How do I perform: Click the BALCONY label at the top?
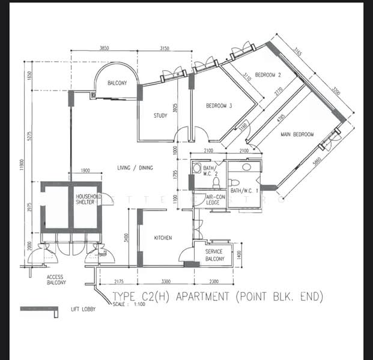pyautogui.click(x=117, y=83)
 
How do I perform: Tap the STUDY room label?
pyautogui.click(x=160, y=116)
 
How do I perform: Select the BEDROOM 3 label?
pyautogui.click(x=219, y=106)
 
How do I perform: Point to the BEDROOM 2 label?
pyautogui.click(x=268, y=75)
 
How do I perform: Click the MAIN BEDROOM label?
pyautogui.click(x=297, y=134)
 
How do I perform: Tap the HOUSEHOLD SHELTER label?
pyautogui.click(x=88, y=200)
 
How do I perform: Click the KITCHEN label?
pyautogui.click(x=163, y=238)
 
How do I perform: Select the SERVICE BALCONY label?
pyautogui.click(x=214, y=256)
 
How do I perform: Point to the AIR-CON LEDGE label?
pyautogui.click(x=216, y=200)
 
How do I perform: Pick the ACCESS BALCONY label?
pyautogui.click(x=56, y=280)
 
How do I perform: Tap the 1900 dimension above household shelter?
pyautogui.click(x=86, y=171)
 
